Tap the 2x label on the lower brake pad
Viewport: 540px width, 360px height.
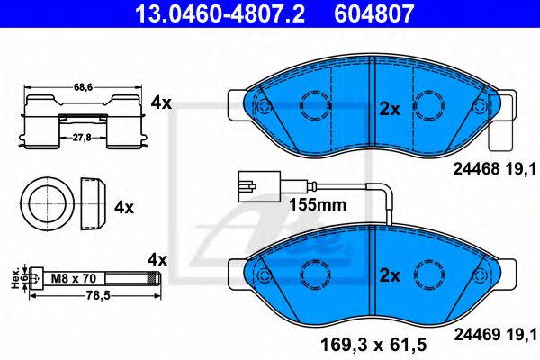coord(389,274)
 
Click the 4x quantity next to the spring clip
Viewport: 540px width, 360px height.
coord(161,103)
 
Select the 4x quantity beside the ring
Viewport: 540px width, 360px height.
coord(124,207)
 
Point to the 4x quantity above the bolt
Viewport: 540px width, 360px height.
coord(157,259)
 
